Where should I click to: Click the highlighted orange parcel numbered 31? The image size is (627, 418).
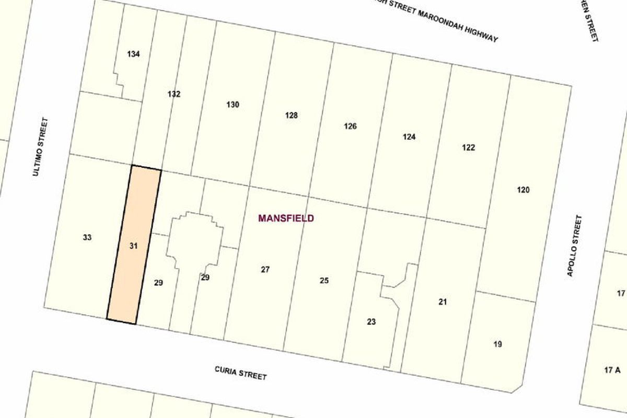click(x=133, y=245)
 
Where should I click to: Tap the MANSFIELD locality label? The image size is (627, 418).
click(x=286, y=218)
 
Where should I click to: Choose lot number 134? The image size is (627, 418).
click(x=133, y=54)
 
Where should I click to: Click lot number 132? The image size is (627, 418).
click(x=174, y=94)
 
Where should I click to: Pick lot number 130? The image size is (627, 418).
click(x=233, y=104)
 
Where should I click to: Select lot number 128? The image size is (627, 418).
click(x=291, y=115)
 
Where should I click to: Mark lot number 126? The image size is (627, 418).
click(x=350, y=126)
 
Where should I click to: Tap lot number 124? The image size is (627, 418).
click(x=409, y=137)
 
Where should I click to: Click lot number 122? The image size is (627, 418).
click(x=468, y=147)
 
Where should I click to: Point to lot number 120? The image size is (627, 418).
click(x=523, y=190)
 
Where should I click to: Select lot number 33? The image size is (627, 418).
click(x=87, y=238)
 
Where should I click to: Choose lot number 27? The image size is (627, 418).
click(x=265, y=270)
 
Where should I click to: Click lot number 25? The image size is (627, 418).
click(x=324, y=281)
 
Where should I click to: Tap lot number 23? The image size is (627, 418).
click(x=371, y=322)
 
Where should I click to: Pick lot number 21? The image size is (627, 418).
click(x=443, y=301)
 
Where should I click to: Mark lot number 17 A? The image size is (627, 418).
click(x=612, y=370)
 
